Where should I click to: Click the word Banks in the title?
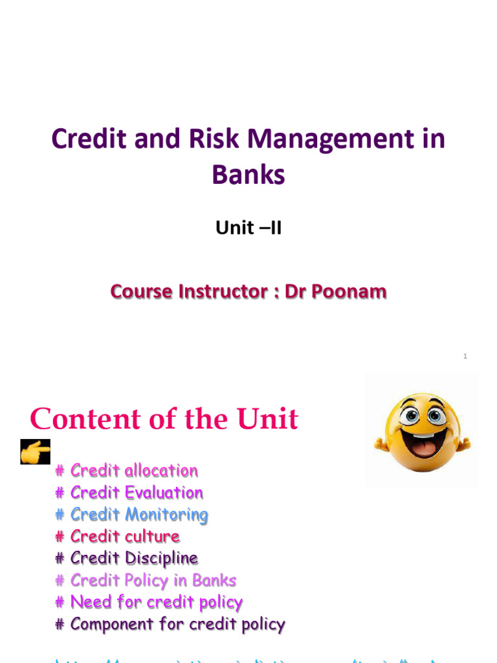pyautogui.click(x=248, y=175)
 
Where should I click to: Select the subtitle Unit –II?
pyautogui.click(x=248, y=229)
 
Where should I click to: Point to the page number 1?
pyautogui.click(x=465, y=357)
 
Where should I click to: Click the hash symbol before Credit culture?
pyautogui.click(x=60, y=537)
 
